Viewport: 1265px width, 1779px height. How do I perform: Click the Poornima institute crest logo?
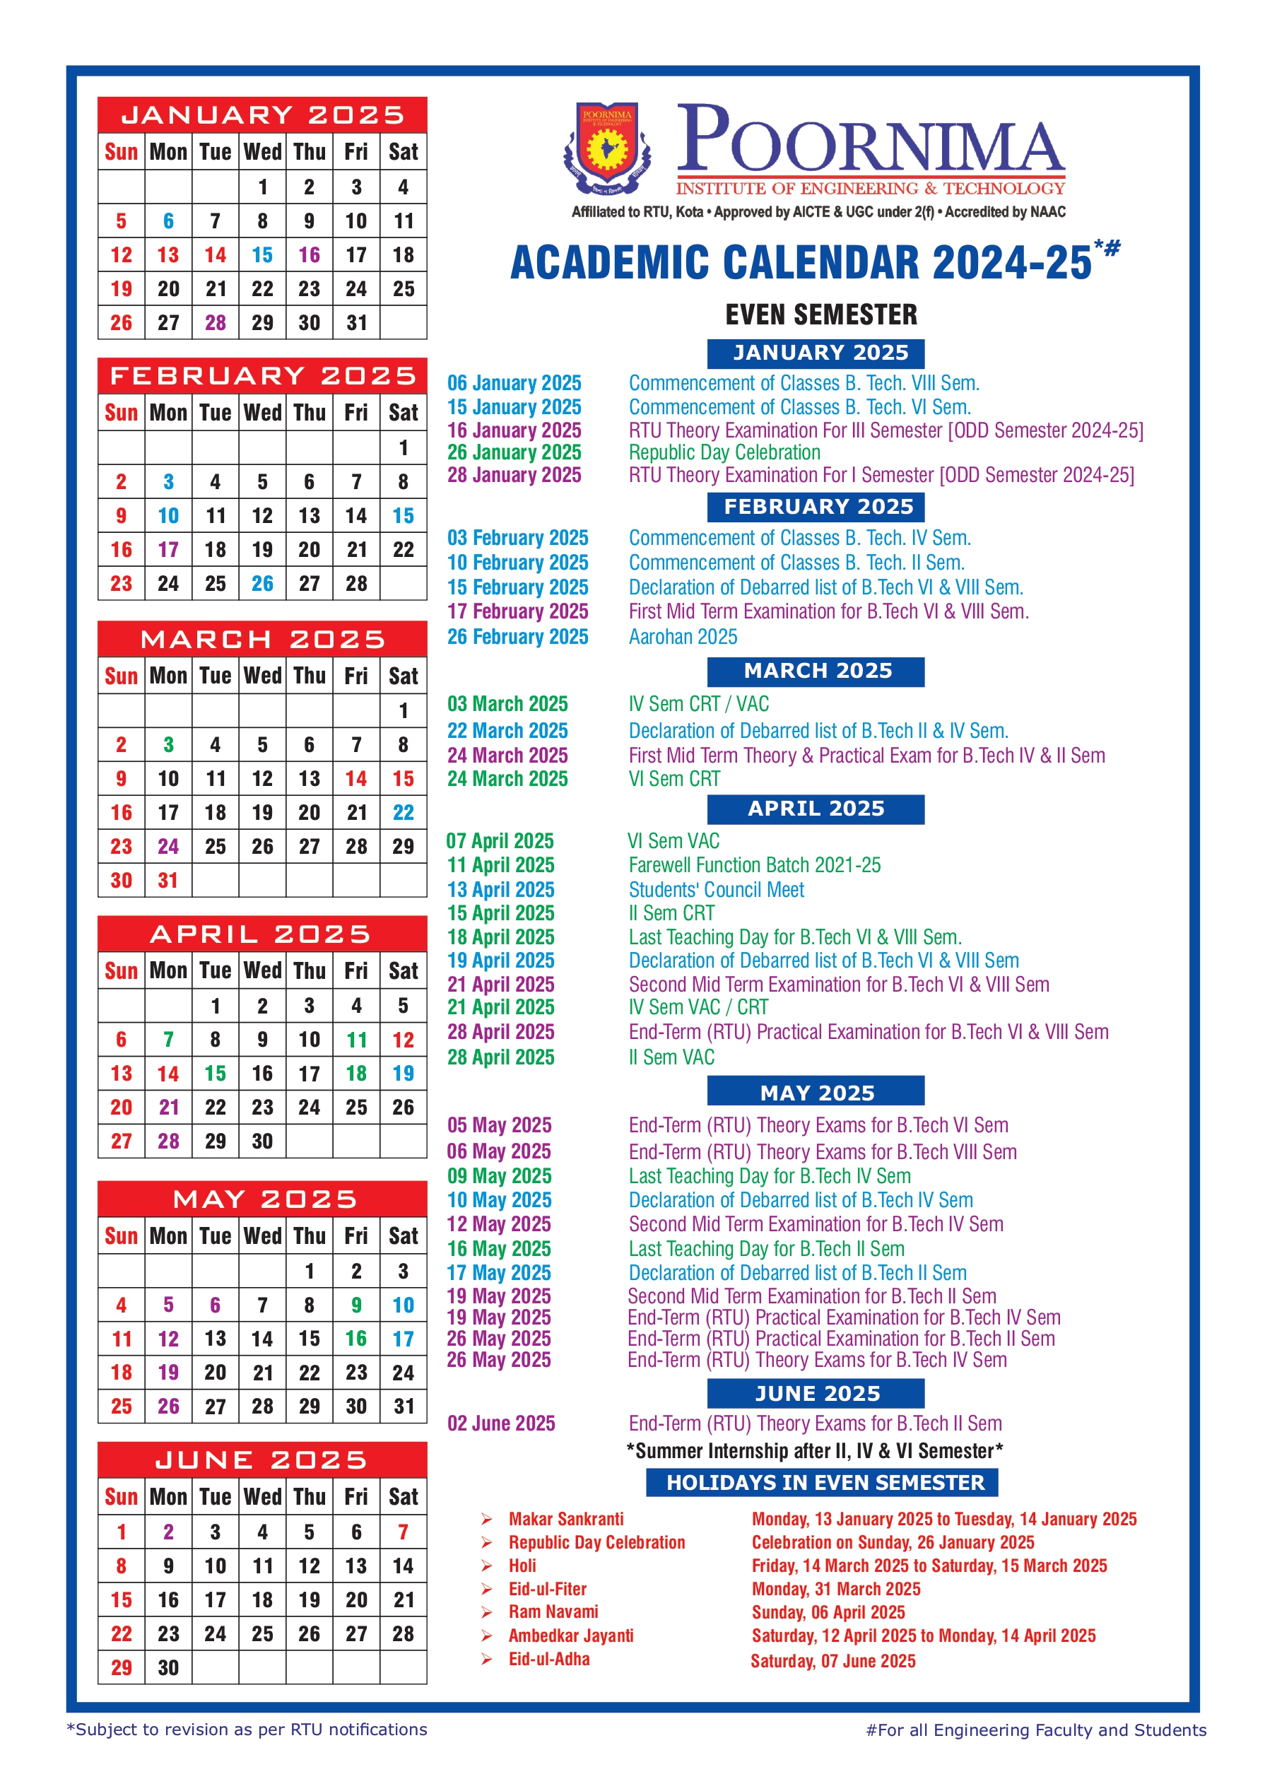click(x=607, y=148)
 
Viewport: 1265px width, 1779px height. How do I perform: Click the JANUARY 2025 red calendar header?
click(x=261, y=115)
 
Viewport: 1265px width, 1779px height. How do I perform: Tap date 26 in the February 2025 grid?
click(x=261, y=583)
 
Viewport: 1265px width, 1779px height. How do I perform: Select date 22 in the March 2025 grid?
click(x=403, y=812)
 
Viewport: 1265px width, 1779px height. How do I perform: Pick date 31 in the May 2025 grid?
click(x=403, y=1406)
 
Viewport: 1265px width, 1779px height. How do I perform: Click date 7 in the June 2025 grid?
click(x=403, y=1532)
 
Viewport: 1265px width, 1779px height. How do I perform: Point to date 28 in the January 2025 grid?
click(x=215, y=322)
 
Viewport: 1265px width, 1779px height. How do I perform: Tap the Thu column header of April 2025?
click(x=310, y=970)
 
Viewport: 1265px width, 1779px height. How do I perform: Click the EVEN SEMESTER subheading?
click(x=821, y=315)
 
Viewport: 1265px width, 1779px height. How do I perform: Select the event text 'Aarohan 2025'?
click(x=683, y=636)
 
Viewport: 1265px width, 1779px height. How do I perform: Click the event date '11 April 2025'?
click(x=500, y=864)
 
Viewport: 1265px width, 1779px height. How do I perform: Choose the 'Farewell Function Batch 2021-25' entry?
click(x=754, y=864)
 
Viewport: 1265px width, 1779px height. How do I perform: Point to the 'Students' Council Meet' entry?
click(x=716, y=889)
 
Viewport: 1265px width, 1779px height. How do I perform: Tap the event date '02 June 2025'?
click(x=501, y=1423)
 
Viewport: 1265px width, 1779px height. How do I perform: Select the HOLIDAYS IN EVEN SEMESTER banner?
click(x=822, y=1482)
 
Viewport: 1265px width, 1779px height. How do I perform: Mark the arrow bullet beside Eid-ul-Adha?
click(x=487, y=1659)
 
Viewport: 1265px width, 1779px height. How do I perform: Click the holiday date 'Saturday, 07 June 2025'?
click(x=832, y=1660)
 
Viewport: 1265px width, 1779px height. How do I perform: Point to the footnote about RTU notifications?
click(x=247, y=1729)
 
